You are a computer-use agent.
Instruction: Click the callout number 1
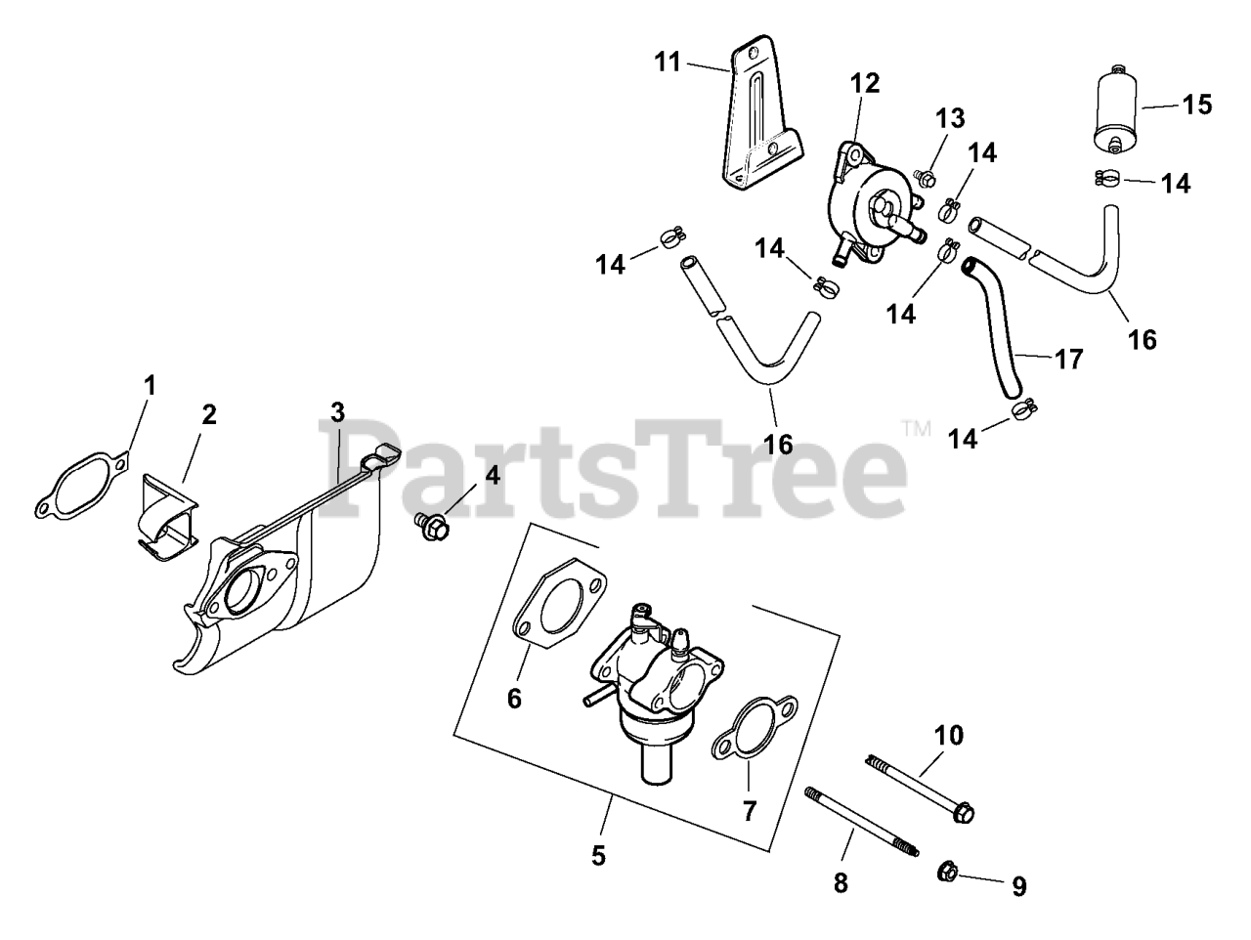coord(149,386)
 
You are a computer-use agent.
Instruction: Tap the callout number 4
coord(492,476)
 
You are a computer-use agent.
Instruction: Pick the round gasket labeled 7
coord(754,726)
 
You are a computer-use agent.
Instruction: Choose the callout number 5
coord(598,856)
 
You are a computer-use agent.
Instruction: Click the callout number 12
coord(865,83)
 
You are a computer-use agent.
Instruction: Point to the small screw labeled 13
coord(925,178)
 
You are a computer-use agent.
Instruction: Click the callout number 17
coord(1069,360)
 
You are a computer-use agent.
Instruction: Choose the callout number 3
coord(337,411)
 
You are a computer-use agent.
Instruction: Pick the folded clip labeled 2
coord(166,517)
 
